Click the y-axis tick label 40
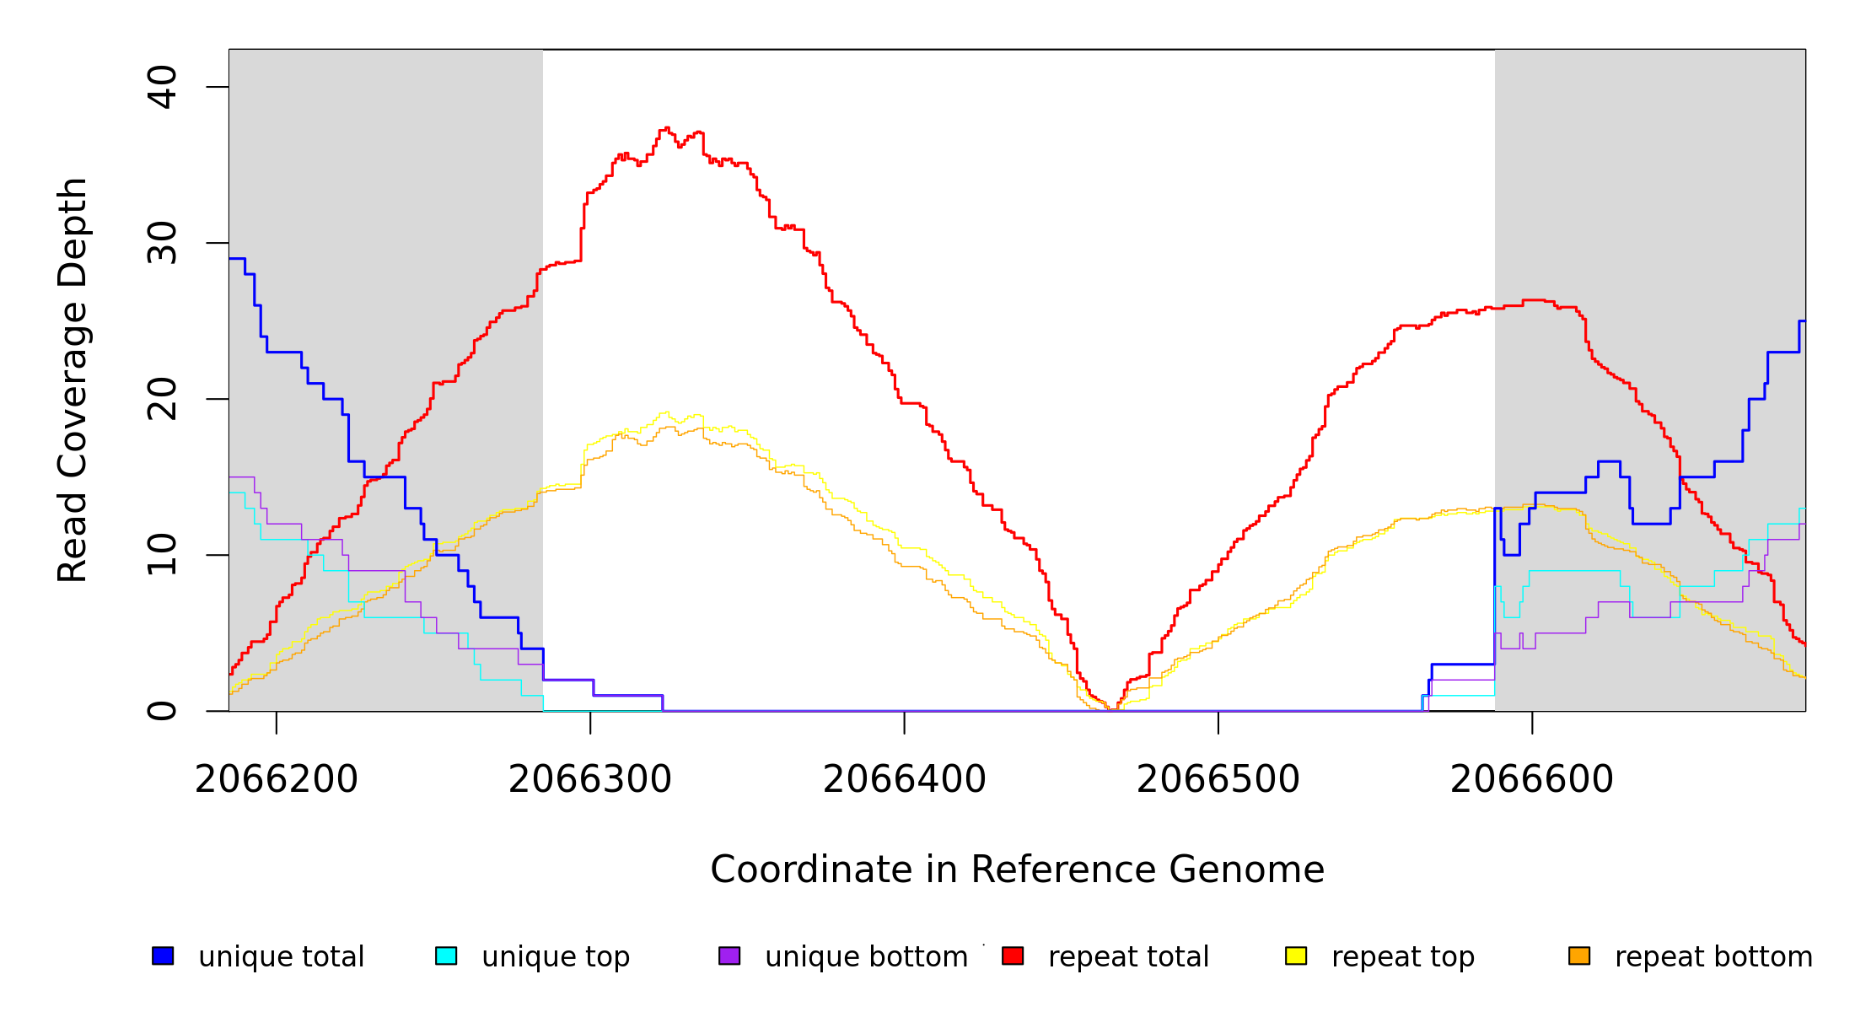(x=162, y=87)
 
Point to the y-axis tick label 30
(x=162, y=243)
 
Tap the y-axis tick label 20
(x=162, y=399)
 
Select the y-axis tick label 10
(x=162, y=555)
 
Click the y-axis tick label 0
(x=162, y=711)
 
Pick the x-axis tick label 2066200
(x=277, y=779)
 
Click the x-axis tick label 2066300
(x=590, y=779)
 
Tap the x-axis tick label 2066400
(x=904, y=779)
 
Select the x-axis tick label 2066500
(x=1218, y=779)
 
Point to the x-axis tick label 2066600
(x=1532, y=779)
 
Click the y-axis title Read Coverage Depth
(x=73, y=379)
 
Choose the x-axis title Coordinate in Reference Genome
(x=1017, y=869)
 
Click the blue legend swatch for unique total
(x=163, y=955)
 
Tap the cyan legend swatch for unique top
(x=446, y=955)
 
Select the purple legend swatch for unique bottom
(x=729, y=955)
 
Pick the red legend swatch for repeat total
(x=1013, y=955)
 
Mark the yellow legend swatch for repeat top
(x=1296, y=955)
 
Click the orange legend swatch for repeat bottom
(x=1579, y=955)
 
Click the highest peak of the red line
(x=667, y=128)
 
